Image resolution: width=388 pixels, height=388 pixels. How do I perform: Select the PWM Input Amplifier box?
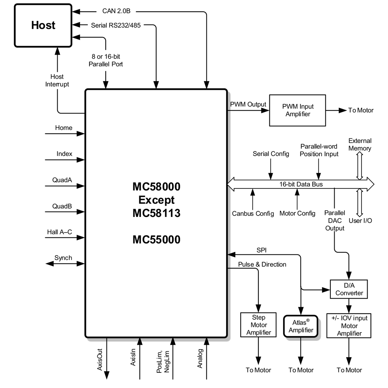pyautogui.click(x=297, y=110)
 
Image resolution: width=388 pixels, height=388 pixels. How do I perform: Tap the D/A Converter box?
pyautogui.click(x=349, y=289)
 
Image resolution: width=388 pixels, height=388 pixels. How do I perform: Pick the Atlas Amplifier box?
pyautogui.click(x=301, y=326)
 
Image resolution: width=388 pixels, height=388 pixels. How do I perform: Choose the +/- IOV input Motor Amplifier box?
pyautogui.click(x=349, y=325)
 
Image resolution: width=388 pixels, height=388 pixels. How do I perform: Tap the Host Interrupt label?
pyautogui.click(x=57, y=80)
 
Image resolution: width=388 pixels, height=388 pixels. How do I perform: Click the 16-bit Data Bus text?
pyautogui.click(x=301, y=184)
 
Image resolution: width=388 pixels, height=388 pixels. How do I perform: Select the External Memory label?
pyautogui.click(x=360, y=145)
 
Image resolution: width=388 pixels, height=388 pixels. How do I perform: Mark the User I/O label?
pyautogui.click(x=360, y=220)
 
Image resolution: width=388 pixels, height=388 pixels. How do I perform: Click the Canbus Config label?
pyautogui.click(x=253, y=214)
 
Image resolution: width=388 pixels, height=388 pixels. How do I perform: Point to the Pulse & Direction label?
pyautogui.click(x=262, y=264)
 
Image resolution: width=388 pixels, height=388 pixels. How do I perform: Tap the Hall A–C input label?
pyautogui.click(x=59, y=232)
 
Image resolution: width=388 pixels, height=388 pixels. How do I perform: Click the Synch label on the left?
pyautogui.click(x=63, y=258)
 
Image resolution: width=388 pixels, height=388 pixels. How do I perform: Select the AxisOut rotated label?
pyautogui.click(x=100, y=359)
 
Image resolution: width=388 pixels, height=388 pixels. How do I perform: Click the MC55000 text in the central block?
pyautogui.click(x=156, y=240)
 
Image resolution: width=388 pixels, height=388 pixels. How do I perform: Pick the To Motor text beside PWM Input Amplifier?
pyautogui.click(x=361, y=110)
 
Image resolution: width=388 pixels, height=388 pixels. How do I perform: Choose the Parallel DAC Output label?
pyautogui.click(x=335, y=221)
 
